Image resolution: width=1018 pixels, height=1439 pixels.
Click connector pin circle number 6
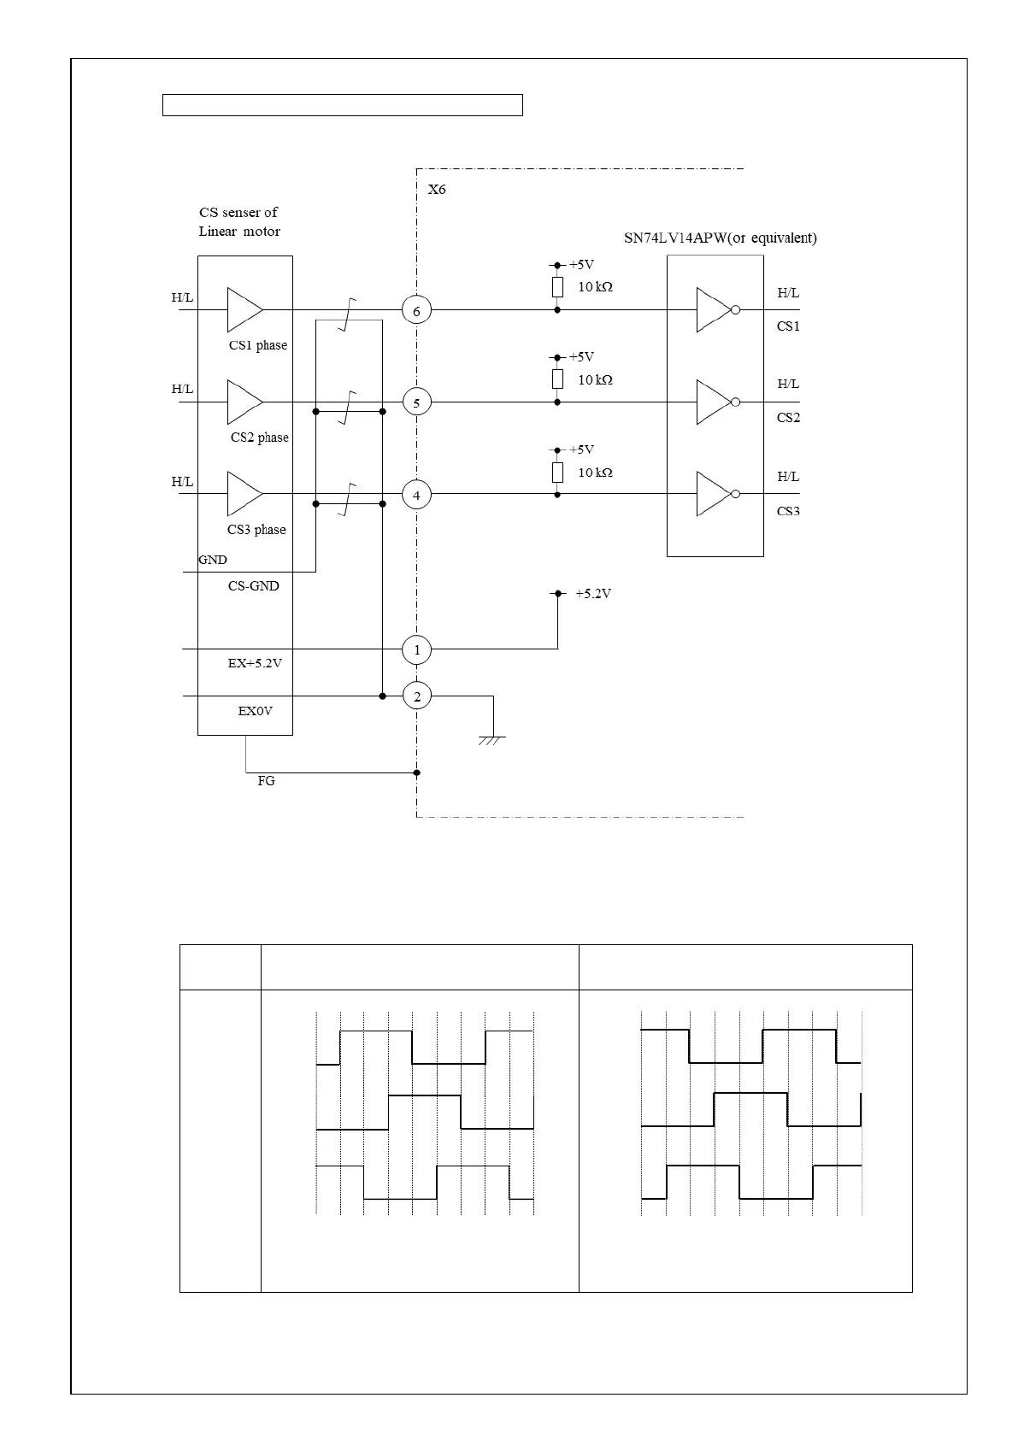pyautogui.click(x=416, y=310)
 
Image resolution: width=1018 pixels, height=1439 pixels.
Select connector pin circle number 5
pyautogui.click(x=416, y=402)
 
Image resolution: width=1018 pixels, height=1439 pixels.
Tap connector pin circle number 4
pyautogui.click(x=416, y=495)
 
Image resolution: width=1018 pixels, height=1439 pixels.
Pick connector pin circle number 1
pyautogui.click(x=417, y=650)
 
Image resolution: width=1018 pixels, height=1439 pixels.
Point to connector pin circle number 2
pyautogui.click(x=417, y=696)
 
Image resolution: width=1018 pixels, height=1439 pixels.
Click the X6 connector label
pyautogui.click(x=437, y=190)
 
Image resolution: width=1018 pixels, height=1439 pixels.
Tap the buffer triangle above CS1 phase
pyautogui.click(x=244, y=309)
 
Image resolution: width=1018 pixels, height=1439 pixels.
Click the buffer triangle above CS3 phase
pyautogui.click(x=244, y=494)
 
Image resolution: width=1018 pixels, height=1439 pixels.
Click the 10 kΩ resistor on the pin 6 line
pyautogui.click(x=557, y=287)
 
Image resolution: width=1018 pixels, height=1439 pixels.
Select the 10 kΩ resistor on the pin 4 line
pyautogui.click(x=557, y=473)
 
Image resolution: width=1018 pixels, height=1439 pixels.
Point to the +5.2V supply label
pyautogui.click(x=592, y=594)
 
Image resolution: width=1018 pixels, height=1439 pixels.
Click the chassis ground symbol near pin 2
pyautogui.click(x=492, y=738)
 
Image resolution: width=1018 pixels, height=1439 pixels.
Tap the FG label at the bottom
pyautogui.click(x=266, y=781)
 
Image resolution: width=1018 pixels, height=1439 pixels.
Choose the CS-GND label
pyautogui.click(x=253, y=586)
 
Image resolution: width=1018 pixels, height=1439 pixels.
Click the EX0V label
pyautogui.click(x=255, y=711)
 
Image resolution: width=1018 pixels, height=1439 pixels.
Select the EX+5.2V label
pyautogui.click(x=255, y=663)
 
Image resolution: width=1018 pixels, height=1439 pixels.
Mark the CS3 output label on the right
pyautogui.click(x=788, y=512)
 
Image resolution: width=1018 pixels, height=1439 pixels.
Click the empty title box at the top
pyautogui.click(x=342, y=105)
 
